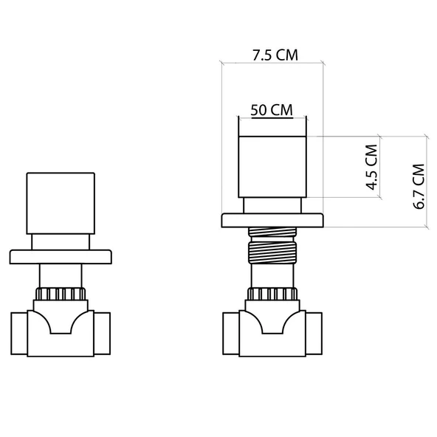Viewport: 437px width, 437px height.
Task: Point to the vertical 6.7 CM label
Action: pyautogui.click(x=419, y=184)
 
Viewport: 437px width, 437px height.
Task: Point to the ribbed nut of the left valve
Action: pyautogui.click(x=61, y=295)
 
